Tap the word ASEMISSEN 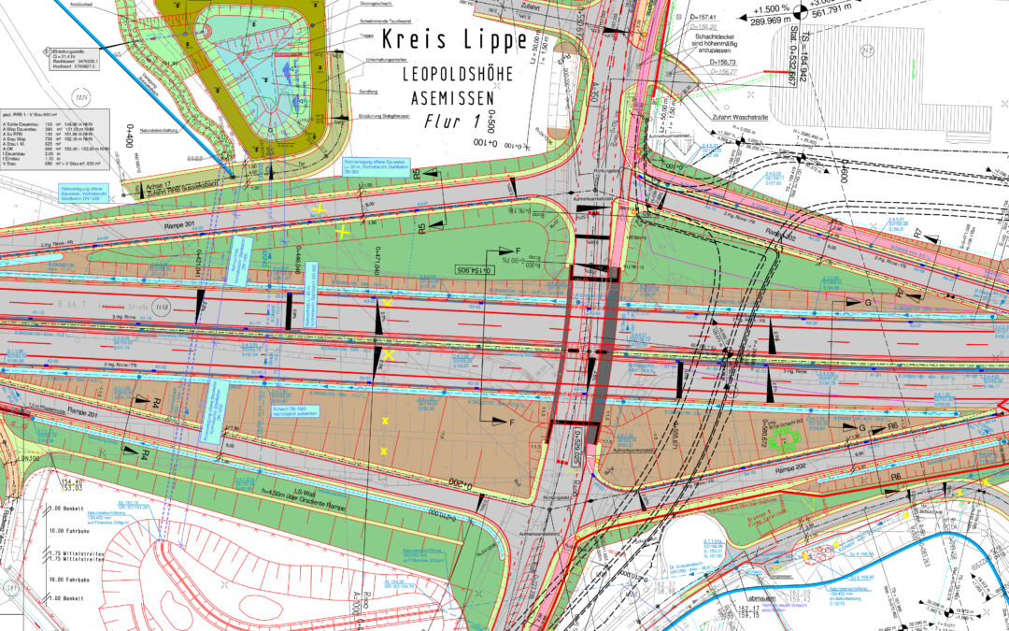click(x=453, y=97)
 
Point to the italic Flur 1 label click(x=451, y=121)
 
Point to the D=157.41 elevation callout click(x=726, y=18)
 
